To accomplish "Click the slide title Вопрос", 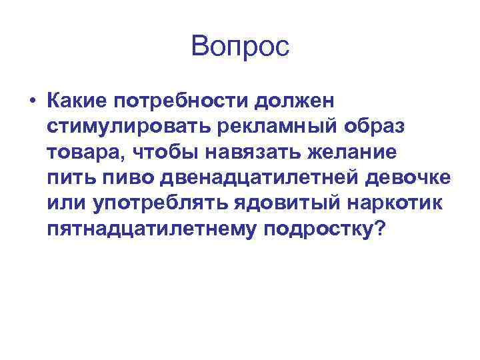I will coord(240,47).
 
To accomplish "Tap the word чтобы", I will coord(166,153).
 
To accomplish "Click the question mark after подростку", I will coord(380,229).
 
